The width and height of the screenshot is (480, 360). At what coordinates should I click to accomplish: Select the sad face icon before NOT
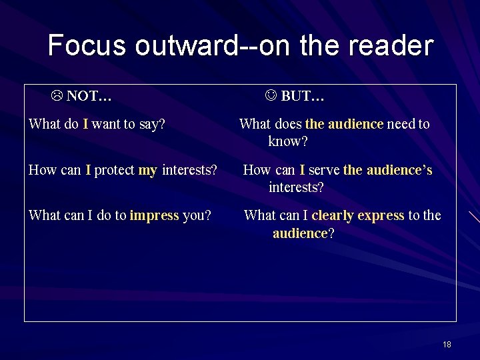pyautogui.click(x=57, y=96)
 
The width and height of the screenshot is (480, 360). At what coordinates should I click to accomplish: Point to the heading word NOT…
pyautogui.click(x=89, y=96)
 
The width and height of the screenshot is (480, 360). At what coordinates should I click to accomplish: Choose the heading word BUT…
pyautogui.click(x=303, y=96)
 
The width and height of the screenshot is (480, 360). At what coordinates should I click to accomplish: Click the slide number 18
pyautogui.click(x=447, y=344)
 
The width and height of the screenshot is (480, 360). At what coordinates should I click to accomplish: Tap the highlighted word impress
pyautogui.click(x=154, y=215)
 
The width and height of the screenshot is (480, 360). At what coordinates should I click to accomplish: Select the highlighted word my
pyautogui.click(x=147, y=170)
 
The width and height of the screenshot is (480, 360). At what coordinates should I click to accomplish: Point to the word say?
pyautogui.click(x=152, y=124)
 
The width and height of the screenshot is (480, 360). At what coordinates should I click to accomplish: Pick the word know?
pyautogui.click(x=288, y=141)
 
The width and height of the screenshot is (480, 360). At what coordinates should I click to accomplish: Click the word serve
pyautogui.click(x=324, y=170)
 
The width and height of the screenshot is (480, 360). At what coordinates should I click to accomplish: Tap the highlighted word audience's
pyautogui.click(x=399, y=170)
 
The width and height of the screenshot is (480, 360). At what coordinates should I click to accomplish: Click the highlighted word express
pyautogui.click(x=381, y=215)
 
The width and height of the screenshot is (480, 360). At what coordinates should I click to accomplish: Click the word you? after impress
pyautogui.click(x=197, y=215)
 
